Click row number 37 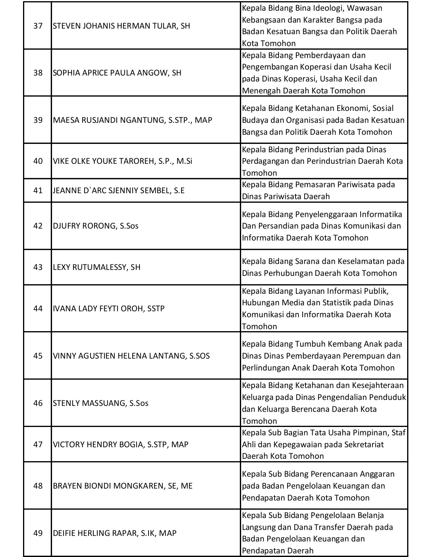[x=38, y=26]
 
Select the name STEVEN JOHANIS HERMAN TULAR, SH [x=121, y=26]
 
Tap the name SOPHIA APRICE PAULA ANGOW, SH [x=117, y=73]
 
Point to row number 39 [x=38, y=120]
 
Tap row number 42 [x=38, y=226]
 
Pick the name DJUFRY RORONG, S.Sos [x=95, y=226]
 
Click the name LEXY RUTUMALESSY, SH [x=97, y=267]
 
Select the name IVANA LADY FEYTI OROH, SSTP [x=108, y=309]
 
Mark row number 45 [x=38, y=356]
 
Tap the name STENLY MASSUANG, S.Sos [x=100, y=403]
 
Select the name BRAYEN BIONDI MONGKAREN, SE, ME [x=122, y=486]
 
